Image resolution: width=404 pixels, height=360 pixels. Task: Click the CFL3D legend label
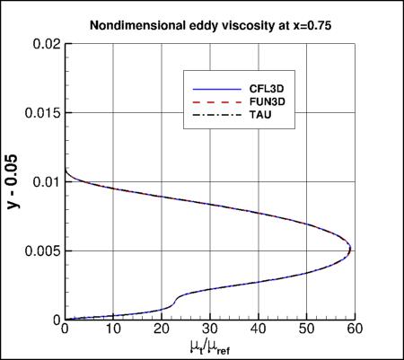click(268, 90)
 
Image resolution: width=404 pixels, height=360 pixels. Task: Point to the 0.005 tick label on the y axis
click(41, 250)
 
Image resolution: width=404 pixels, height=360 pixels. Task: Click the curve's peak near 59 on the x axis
click(350, 250)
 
